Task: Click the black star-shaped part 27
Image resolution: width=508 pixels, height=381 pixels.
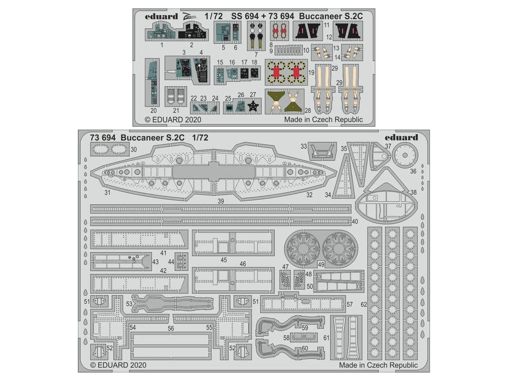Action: click(x=254, y=107)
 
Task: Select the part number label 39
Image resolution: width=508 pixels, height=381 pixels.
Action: click(x=221, y=201)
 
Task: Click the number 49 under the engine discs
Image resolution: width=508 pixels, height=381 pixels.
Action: click(x=321, y=264)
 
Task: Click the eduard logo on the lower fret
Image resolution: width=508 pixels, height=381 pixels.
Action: click(x=401, y=138)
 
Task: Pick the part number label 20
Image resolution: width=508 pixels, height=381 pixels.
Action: click(x=153, y=111)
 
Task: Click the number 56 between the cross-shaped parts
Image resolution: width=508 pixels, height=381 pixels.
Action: click(x=171, y=328)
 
